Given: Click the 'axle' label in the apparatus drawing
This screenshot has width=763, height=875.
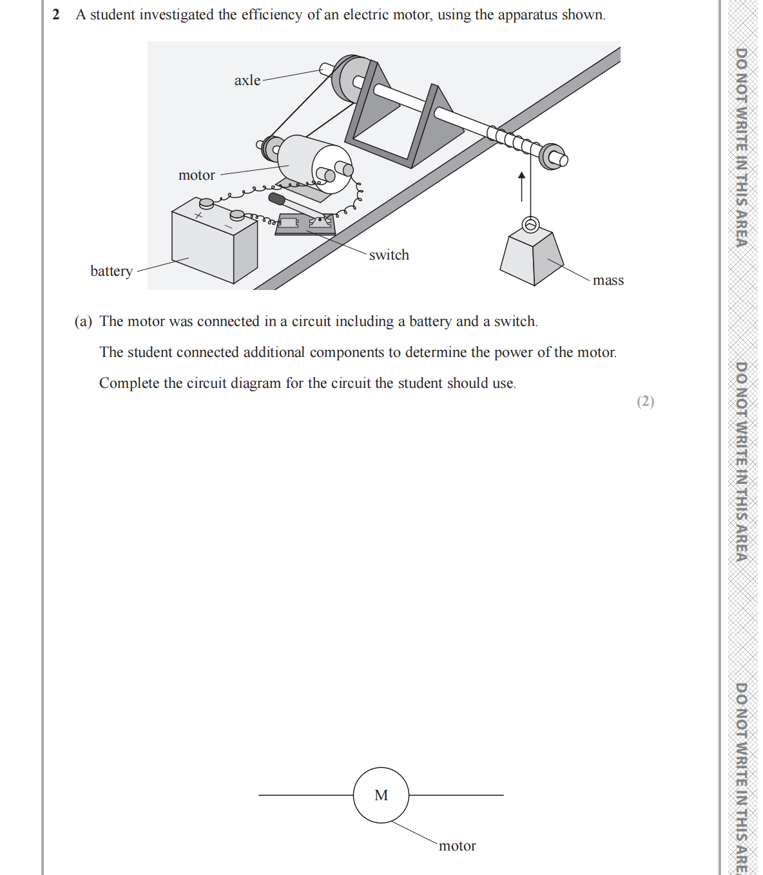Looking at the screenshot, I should pyautogui.click(x=247, y=81).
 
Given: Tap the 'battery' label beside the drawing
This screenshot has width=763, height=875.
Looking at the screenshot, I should pyautogui.click(x=111, y=271).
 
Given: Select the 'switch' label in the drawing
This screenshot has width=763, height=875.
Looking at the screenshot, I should pyautogui.click(x=389, y=255).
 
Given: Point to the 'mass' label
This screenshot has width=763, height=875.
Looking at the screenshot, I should pyautogui.click(x=608, y=280).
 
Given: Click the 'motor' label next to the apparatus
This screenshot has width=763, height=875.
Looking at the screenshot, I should pyautogui.click(x=197, y=175).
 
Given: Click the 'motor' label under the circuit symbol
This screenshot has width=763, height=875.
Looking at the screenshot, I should pyautogui.click(x=457, y=846).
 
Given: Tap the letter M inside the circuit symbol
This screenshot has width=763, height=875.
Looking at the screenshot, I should pyautogui.click(x=381, y=796).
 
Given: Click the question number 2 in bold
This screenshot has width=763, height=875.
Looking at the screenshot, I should pyautogui.click(x=56, y=15).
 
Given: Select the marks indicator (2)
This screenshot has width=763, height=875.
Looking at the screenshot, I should pyautogui.click(x=645, y=401).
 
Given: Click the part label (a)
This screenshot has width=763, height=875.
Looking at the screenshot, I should pyautogui.click(x=83, y=322).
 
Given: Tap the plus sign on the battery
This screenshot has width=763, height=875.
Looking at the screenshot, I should pyautogui.click(x=200, y=215).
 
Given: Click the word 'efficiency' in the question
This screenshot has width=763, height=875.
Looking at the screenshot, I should pyautogui.click(x=271, y=15).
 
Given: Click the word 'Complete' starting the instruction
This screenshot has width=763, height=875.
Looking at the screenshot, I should pyautogui.click(x=129, y=383).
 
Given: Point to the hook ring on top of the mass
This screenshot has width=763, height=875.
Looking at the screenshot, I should pyautogui.click(x=530, y=224).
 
